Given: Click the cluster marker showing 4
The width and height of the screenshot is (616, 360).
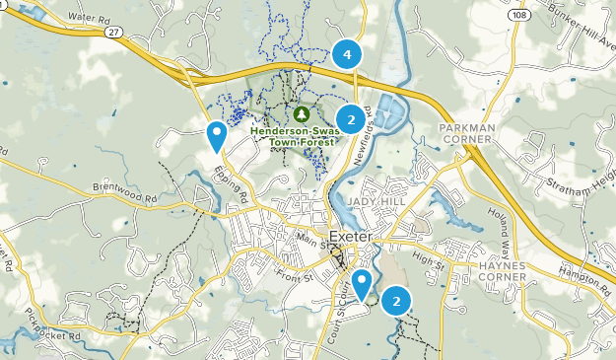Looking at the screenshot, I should [x=346, y=53].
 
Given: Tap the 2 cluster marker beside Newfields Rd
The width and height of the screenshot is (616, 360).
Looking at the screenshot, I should [x=350, y=120].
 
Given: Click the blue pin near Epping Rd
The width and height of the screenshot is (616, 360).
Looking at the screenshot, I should [x=216, y=134].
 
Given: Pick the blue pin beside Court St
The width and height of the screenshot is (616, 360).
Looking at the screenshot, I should [x=362, y=284].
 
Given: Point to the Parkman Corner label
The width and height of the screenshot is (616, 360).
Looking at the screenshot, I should [x=466, y=134].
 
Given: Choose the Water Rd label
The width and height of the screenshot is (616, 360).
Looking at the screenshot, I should [x=89, y=18].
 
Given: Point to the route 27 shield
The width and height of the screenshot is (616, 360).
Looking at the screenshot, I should [x=113, y=34].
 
